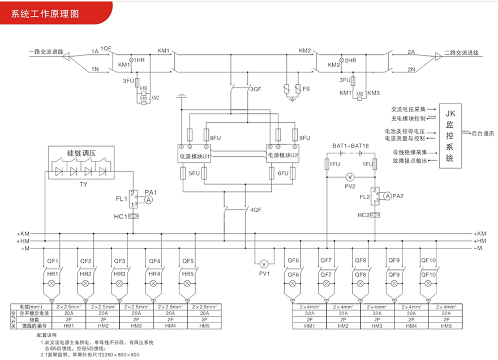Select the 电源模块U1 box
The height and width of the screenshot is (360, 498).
194,155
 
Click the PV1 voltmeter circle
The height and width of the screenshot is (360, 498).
263,264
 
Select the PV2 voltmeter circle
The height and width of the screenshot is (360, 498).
349,177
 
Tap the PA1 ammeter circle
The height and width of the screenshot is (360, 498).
148,200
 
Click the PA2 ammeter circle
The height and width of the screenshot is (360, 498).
388,196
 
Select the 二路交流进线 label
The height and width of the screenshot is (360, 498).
461,53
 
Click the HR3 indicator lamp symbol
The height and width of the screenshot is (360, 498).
119,282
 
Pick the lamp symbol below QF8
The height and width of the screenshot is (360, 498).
360,282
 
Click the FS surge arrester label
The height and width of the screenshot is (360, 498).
306,89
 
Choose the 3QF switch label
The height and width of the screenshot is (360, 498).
256,89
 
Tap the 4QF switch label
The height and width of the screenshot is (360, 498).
256,210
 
